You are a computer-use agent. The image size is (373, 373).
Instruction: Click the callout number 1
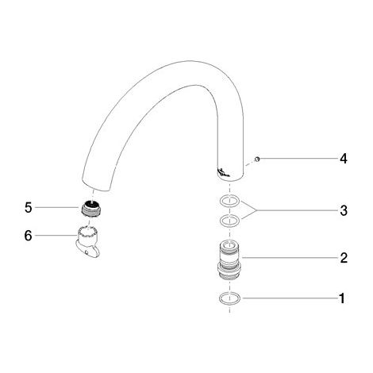342,298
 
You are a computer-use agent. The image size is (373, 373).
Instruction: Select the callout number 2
344,258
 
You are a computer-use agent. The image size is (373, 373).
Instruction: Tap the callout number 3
344,210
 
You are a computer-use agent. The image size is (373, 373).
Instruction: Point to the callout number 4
344,159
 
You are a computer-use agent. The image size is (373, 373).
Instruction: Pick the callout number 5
28,207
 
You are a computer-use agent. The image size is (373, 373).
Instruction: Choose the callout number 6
28,236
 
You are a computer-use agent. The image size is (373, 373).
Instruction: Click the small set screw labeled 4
257,159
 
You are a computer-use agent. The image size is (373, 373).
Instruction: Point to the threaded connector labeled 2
229,260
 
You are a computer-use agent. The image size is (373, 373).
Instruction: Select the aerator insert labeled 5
90,208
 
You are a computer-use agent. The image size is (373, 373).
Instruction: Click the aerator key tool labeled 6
87,241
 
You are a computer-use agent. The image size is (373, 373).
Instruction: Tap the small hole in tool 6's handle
87,252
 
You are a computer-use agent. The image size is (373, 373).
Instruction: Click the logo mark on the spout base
224,172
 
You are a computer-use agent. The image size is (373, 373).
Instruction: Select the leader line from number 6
55,236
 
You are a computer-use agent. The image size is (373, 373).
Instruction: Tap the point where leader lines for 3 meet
256,210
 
